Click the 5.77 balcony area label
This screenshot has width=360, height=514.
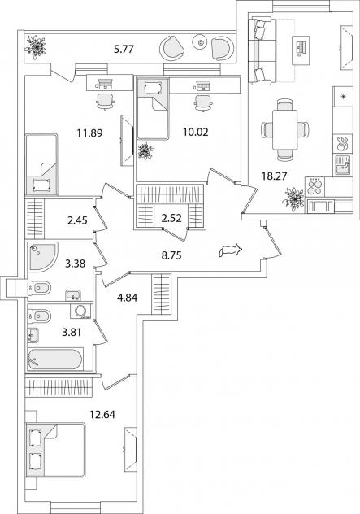coord(124,50)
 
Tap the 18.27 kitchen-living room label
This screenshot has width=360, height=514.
coord(274,176)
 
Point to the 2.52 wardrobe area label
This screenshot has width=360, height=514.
coord(171,218)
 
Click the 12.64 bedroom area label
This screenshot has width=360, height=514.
coord(102,414)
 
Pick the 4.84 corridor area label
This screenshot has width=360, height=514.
coord(127,298)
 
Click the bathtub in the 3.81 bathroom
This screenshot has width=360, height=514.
coord(54,359)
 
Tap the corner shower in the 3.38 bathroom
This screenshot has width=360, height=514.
coord(42,257)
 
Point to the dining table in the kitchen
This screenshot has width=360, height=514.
coord(284,129)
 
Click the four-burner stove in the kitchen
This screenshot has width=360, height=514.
coord(314,186)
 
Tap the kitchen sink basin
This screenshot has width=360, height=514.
coord(342,165)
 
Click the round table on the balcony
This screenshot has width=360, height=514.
coord(201,42)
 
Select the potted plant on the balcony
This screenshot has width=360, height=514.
coord(36,47)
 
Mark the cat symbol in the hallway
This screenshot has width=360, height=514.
coord(231,250)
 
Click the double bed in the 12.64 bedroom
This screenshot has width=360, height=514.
coord(56,450)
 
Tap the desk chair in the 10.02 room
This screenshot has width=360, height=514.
coord(203,103)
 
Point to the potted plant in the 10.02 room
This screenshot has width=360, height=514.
coord(145,150)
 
